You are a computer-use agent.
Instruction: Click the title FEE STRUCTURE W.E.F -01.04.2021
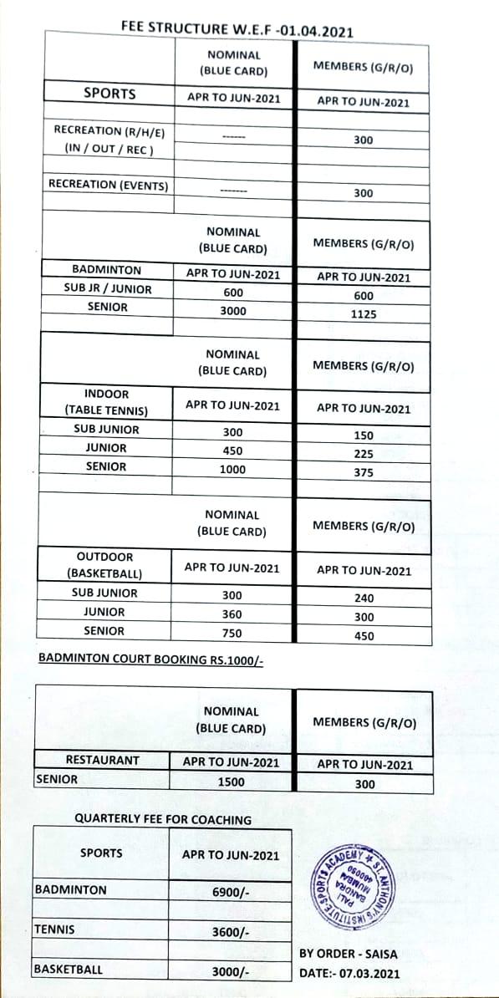(237, 28)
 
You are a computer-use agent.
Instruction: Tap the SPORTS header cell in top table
(109, 93)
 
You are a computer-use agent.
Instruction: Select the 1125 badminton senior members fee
(364, 314)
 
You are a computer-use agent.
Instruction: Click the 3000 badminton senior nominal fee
(232, 310)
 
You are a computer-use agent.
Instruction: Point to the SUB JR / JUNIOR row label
(108, 289)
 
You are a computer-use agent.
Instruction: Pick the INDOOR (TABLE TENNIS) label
(107, 402)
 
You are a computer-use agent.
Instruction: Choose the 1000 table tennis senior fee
(232, 470)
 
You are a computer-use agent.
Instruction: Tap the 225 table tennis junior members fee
(364, 455)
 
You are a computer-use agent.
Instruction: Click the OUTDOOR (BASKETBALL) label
(105, 565)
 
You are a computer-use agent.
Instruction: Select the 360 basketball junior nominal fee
(232, 614)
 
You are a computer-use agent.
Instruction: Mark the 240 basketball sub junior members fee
(364, 598)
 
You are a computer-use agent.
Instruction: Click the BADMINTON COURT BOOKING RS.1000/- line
(151, 659)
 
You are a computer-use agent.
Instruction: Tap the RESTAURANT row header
(103, 761)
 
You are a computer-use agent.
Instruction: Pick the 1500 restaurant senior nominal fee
(232, 783)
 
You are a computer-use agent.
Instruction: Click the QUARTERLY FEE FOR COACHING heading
(163, 820)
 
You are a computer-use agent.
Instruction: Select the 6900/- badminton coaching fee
(231, 893)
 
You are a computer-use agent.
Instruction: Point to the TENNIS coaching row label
(54, 929)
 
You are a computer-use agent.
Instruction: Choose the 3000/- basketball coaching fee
(231, 972)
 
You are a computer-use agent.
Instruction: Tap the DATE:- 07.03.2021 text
(349, 974)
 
